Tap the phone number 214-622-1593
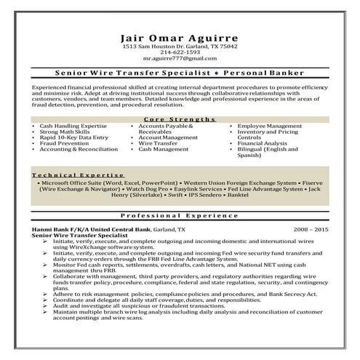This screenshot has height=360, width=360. click(x=180, y=52)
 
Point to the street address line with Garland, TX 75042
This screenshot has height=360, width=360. click(x=180, y=47)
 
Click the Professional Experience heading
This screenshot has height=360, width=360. click(x=180, y=217)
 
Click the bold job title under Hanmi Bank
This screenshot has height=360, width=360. click(x=76, y=234)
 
